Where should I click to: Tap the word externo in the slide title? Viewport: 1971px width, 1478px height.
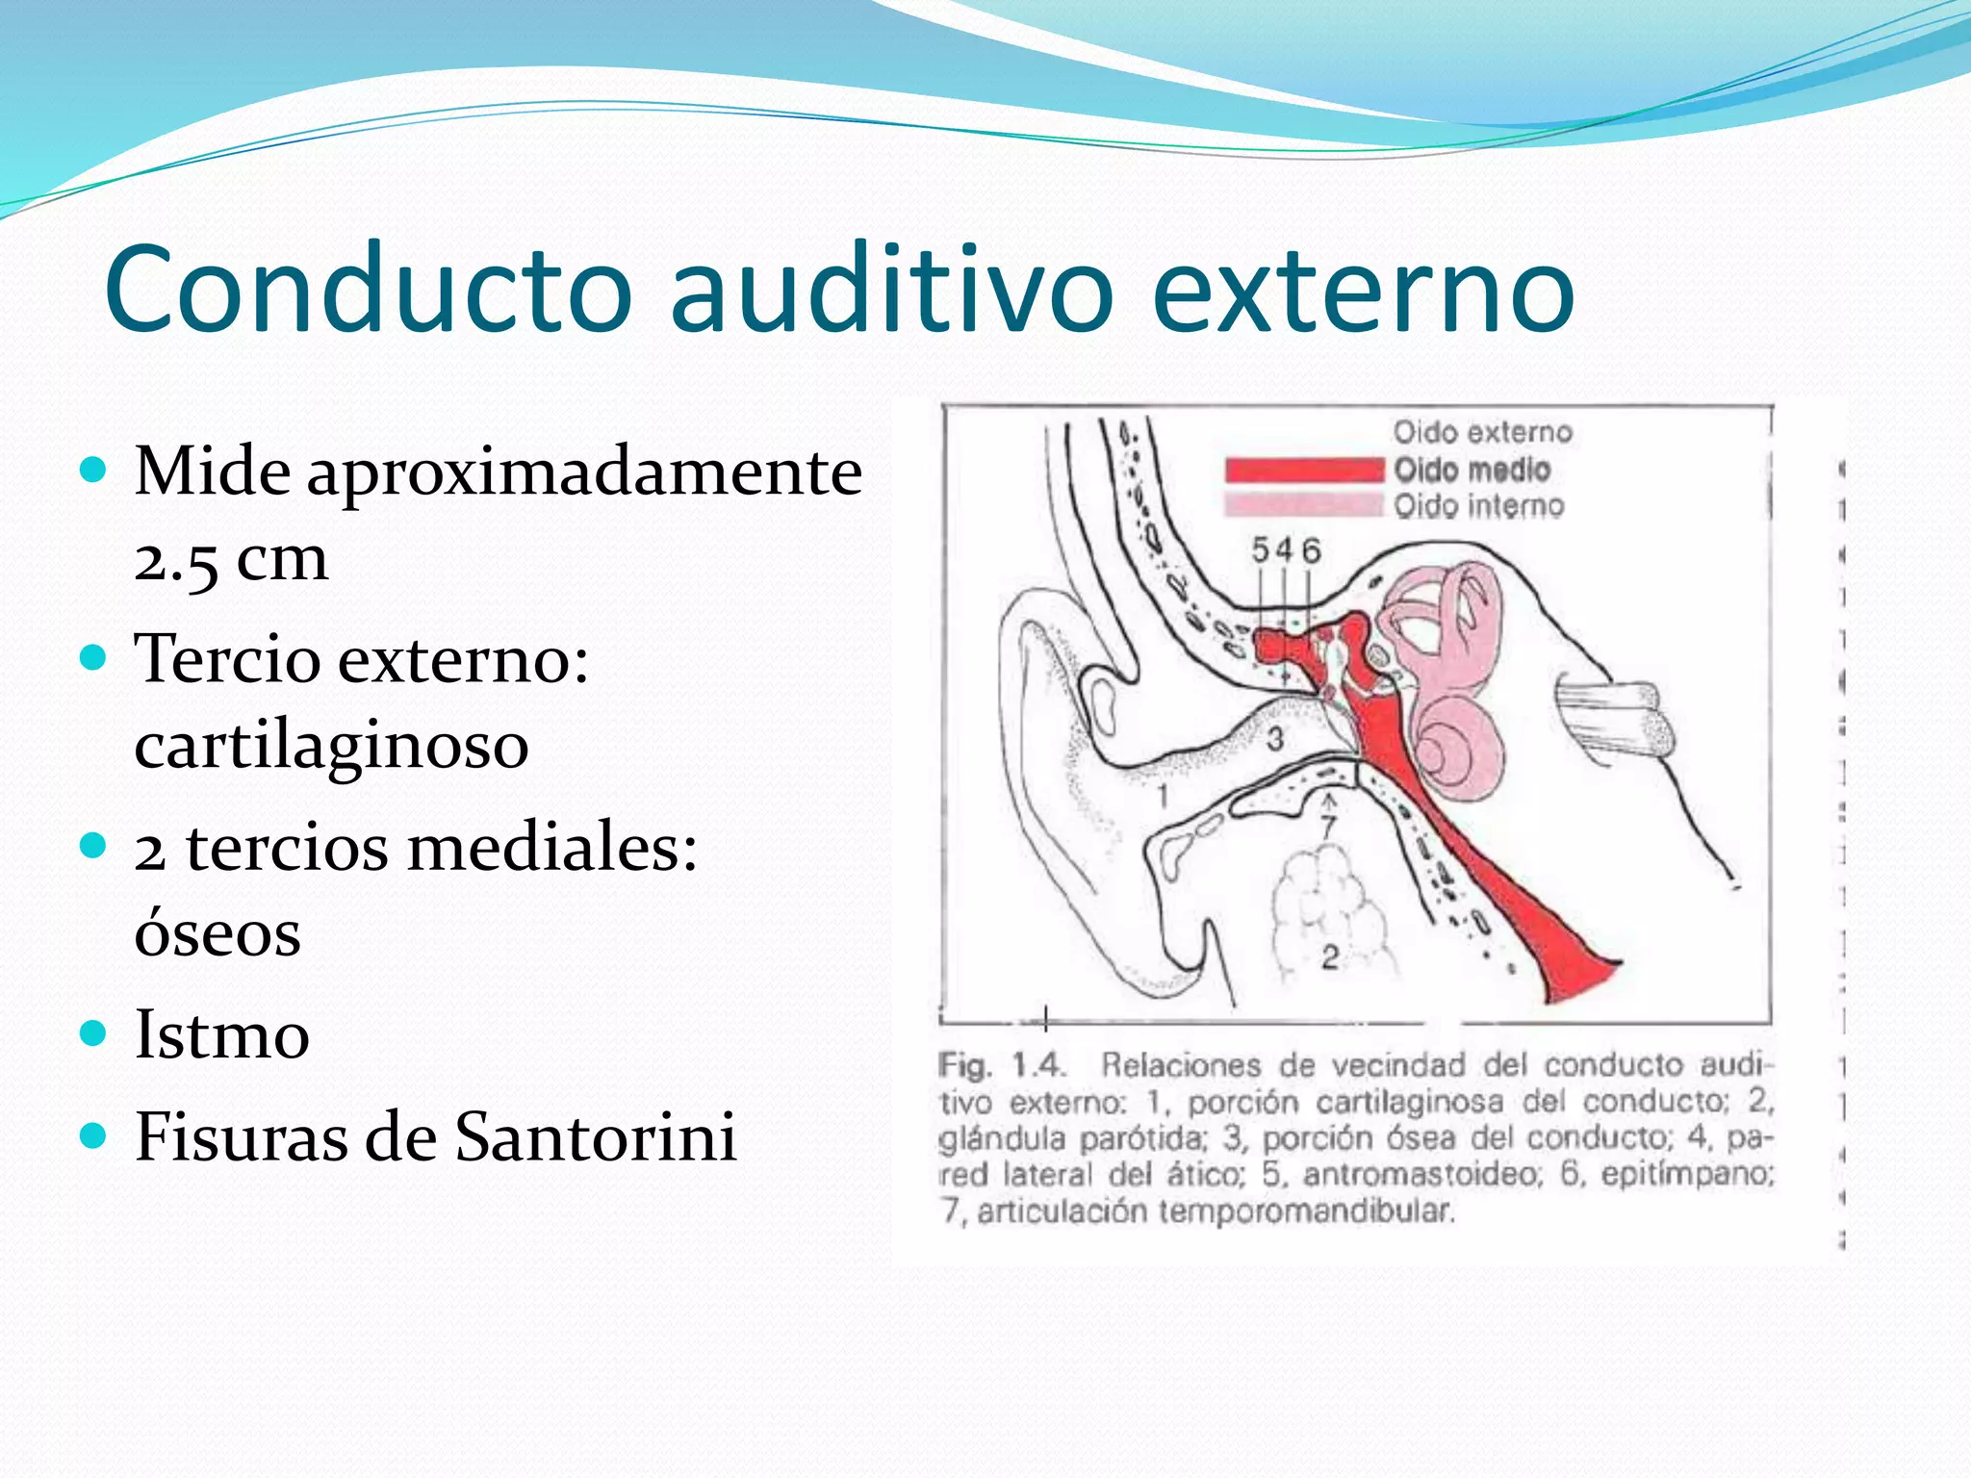tap(1362, 289)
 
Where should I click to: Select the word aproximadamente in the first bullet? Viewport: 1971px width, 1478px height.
tap(584, 473)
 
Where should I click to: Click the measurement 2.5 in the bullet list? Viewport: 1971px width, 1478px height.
tap(176, 559)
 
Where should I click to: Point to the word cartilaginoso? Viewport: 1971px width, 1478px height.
tap(331, 746)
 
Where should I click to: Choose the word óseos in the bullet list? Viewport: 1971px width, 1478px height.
tap(218, 932)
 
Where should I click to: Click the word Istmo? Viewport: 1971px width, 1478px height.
tap(221, 1035)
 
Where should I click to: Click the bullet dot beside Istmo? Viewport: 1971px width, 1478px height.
tap(93, 1033)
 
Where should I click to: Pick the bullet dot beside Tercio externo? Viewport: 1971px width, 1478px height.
tap(93, 658)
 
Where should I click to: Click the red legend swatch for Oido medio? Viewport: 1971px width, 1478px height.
tap(1304, 470)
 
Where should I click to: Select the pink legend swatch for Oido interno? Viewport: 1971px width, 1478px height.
tap(1304, 504)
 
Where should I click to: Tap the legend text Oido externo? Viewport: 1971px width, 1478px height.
tap(1482, 432)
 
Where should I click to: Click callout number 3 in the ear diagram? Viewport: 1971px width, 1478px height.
tap(1275, 739)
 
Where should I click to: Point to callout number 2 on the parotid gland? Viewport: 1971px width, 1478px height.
tap(1330, 956)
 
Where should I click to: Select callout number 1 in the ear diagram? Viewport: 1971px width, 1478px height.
tap(1164, 797)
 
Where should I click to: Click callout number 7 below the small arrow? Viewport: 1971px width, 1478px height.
tap(1329, 826)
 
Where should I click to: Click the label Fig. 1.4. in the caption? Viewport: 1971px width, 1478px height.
tap(1001, 1065)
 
